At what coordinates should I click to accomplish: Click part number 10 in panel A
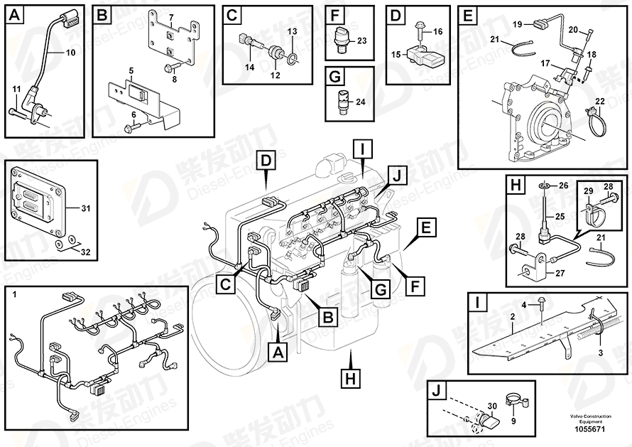(x=70, y=53)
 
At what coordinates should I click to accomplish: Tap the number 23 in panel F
(x=361, y=41)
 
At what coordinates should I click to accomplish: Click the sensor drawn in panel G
(x=343, y=99)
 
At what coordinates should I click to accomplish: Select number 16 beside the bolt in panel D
(x=437, y=32)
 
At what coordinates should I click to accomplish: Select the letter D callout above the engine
(x=266, y=161)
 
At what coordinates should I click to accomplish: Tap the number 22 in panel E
(x=600, y=101)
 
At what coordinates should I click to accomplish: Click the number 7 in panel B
(x=170, y=16)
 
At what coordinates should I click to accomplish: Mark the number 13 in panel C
(x=293, y=32)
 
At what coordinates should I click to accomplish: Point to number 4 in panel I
(x=525, y=306)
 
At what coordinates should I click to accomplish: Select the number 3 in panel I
(x=599, y=353)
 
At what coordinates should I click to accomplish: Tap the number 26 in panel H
(x=564, y=185)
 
